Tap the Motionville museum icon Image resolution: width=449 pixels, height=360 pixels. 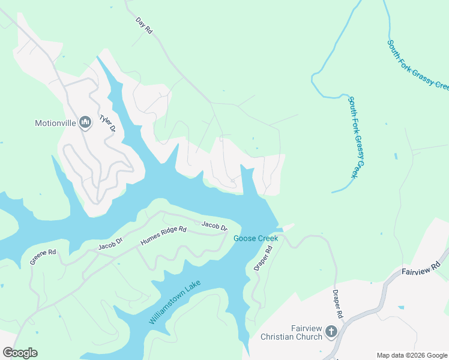(85, 124)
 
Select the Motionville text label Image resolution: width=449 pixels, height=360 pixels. (55, 124)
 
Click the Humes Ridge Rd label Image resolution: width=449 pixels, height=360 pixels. (163, 236)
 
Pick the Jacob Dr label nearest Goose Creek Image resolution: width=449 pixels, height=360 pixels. (214, 226)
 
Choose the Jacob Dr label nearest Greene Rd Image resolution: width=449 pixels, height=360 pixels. (110, 244)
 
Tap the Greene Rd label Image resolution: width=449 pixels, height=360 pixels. (43, 257)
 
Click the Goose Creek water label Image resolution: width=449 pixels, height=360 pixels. (255, 239)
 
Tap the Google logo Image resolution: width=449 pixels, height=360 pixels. (20, 353)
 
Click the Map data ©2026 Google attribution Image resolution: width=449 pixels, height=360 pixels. (412, 355)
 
